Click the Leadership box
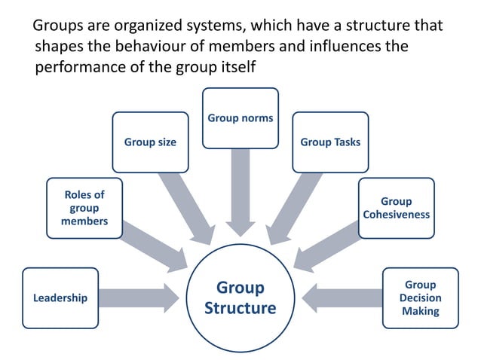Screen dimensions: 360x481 tap(60, 297)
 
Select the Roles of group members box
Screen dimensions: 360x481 tap(84, 208)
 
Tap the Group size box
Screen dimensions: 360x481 tap(150, 142)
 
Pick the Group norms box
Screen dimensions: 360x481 tap(240, 117)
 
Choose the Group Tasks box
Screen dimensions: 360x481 tap(330, 142)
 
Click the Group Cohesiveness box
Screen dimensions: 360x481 tap(396, 208)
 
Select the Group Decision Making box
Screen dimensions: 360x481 tap(420, 297)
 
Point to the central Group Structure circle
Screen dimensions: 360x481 tap(240, 297)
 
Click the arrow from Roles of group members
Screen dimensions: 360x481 tap(154, 245)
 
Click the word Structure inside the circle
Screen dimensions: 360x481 tap(240, 308)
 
